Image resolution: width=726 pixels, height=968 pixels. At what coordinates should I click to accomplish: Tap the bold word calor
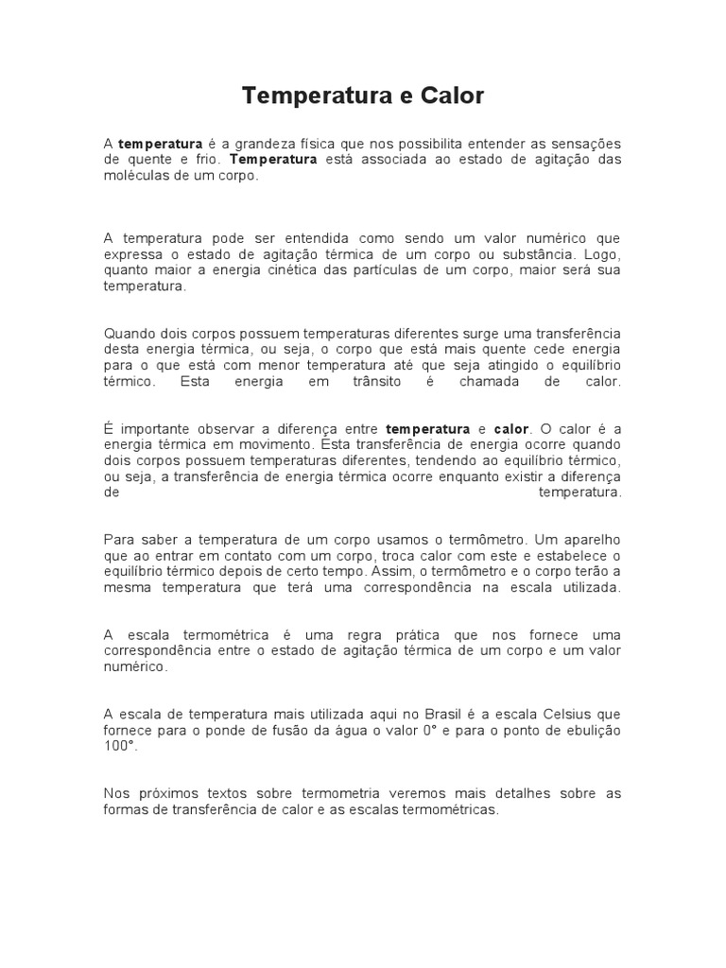tap(512, 428)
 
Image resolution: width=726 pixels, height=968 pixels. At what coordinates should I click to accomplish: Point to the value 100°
tap(119, 746)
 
